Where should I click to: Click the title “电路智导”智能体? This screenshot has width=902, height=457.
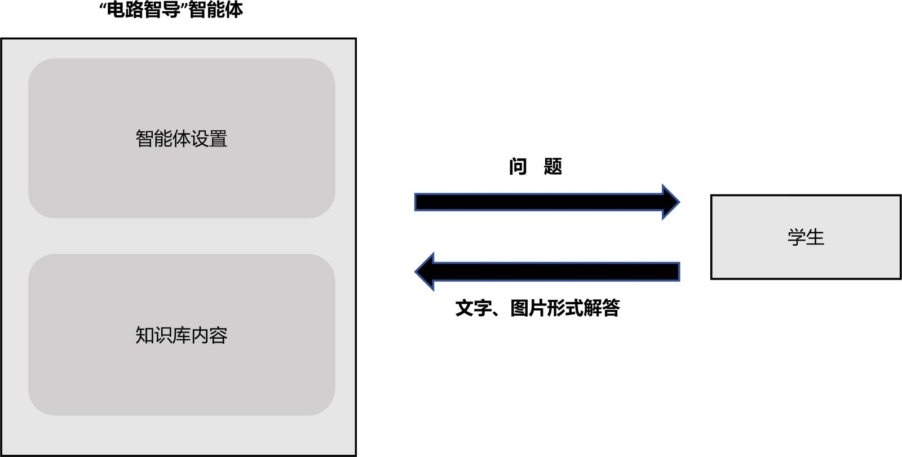tap(171, 10)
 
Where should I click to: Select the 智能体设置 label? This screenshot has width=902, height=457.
tap(181, 139)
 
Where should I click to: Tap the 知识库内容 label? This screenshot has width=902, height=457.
tap(181, 335)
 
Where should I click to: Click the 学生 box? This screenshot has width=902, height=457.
tap(806, 237)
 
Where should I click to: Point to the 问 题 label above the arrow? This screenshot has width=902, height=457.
tap(535, 167)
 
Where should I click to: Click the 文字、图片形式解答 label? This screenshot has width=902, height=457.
tap(537, 308)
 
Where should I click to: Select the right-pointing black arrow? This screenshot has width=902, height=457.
tap(541, 202)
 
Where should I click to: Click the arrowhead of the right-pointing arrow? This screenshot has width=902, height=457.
tap(670, 202)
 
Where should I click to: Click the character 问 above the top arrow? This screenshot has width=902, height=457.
tap(518, 167)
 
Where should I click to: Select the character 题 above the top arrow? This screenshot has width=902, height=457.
tap(553, 167)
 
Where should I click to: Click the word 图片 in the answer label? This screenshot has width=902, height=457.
tap(528, 308)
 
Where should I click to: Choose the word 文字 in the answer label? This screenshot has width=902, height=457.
tap(473, 308)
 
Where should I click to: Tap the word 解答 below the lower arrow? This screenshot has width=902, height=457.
tap(602, 308)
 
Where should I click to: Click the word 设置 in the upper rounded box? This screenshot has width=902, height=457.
tap(209, 139)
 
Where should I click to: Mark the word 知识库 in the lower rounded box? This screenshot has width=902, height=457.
tap(163, 335)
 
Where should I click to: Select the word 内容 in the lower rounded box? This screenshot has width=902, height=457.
tap(209, 335)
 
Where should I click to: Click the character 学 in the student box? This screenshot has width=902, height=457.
tap(797, 237)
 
